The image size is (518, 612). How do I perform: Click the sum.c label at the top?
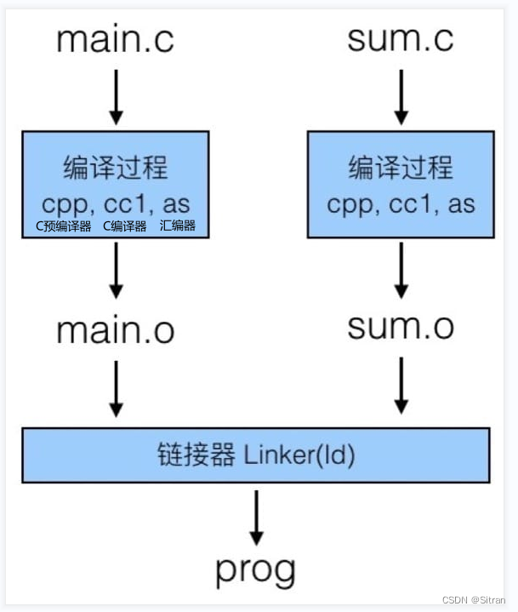pyautogui.click(x=401, y=39)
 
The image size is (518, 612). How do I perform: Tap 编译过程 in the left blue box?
pyautogui.click(x=116, y=169)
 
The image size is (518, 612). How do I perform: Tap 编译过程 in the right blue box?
pyautogui.click(x=401, y=168)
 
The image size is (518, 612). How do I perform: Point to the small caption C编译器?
pyautogui.click(x=124, y=226)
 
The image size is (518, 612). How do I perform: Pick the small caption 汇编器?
pyautogui.click(x=177, y=226)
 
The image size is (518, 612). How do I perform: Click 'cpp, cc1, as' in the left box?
pyautogui.click(x=116, y=204)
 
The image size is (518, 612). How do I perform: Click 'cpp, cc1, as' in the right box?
pyautogui.click(x=401, y=204)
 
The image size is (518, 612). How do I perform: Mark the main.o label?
pyautogui.click(x=117, y=331)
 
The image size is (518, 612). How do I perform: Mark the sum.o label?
pyautogui.click(x=401, y=326)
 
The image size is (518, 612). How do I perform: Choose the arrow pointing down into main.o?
pyautogui.click(x=117, y=275)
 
